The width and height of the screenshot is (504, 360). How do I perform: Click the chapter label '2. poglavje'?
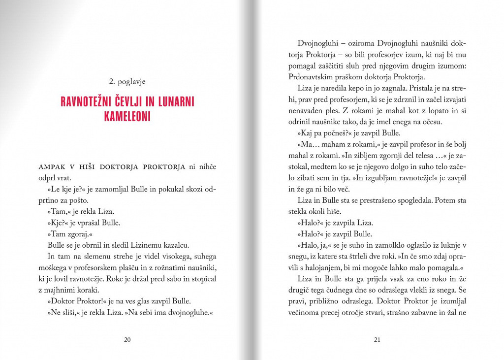pos(127,82)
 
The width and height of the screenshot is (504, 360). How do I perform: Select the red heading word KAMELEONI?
pos(127,117)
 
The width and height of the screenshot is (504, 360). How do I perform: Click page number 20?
pos(127,339)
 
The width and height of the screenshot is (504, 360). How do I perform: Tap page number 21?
pos(378,339)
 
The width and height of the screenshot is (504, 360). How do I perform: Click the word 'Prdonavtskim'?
pos(310,77)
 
